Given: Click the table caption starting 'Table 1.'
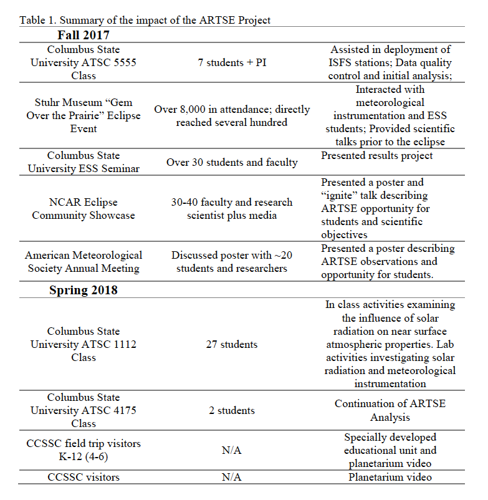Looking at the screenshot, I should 145,20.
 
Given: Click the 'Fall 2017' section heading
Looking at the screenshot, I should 84,35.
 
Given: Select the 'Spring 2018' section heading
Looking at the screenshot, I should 84,291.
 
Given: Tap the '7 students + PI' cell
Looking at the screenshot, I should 231,63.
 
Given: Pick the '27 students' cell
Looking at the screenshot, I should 231,344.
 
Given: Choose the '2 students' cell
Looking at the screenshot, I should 231,410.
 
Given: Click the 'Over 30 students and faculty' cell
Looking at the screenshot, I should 232,162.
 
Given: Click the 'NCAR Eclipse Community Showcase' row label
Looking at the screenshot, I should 84,209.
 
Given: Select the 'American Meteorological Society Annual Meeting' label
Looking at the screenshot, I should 84,262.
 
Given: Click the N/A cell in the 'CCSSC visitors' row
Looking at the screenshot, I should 231,478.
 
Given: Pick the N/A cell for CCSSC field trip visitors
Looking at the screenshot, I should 231,450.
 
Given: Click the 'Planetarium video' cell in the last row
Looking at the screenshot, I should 390,478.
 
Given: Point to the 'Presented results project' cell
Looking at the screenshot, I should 376,156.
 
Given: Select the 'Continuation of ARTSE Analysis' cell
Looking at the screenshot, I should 390,410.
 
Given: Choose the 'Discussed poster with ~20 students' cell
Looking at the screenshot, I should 232,262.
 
